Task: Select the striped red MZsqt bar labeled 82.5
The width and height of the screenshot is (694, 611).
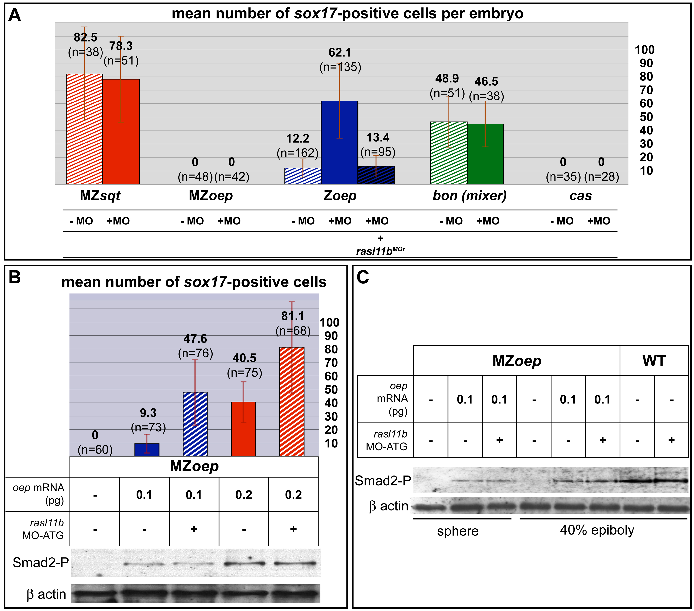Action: (84, 129)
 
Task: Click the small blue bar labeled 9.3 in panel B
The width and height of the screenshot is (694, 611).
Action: (147, 450)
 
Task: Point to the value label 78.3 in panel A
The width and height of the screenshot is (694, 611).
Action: (121, 46)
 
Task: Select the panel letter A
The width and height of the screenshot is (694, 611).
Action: (14, 15)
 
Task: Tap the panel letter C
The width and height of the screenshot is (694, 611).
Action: (363, 277)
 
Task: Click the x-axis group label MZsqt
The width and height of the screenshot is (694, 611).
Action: (100, 196)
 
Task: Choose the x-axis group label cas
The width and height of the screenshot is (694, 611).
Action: (580, 196)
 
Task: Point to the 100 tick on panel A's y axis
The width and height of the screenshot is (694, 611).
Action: (644, 50)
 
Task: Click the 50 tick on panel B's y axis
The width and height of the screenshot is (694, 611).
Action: (331, 390)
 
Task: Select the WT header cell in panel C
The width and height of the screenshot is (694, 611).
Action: (654, 360)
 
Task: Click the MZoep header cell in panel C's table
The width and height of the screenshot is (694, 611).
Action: (516, 360)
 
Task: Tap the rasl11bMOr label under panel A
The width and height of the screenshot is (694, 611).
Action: (380, 251)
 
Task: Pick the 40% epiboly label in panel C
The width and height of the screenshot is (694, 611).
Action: (597, 530)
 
